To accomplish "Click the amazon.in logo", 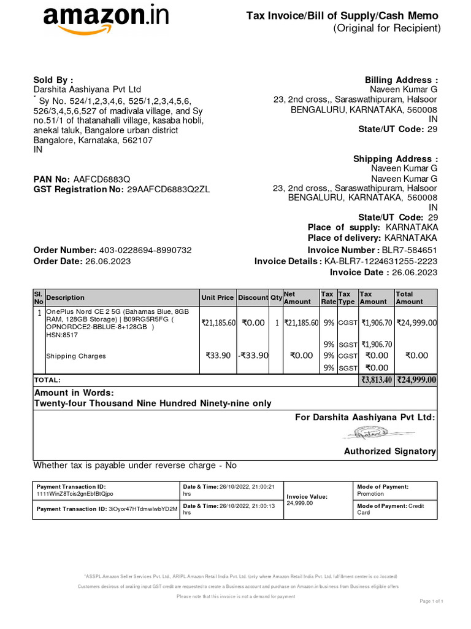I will [x=105, y=18].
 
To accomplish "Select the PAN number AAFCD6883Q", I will [x=102, y=179].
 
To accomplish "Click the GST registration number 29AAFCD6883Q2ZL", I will [x=168, y=189].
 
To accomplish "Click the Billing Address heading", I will [x=401, y=80].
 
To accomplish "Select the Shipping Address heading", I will [x=396, y=158].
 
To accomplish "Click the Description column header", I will [x=66, y=297].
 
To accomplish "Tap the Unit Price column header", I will [x=217, y=297].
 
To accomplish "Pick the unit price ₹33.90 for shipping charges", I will [x=218, y=355].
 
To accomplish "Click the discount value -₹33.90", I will [x=253, y=355].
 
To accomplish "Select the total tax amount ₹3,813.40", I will [x=375, y=380].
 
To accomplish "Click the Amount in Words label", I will [x=74, y=393].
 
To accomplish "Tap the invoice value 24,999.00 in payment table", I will [x=299, y=503].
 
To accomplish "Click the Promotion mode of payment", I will [x=370, y=494].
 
